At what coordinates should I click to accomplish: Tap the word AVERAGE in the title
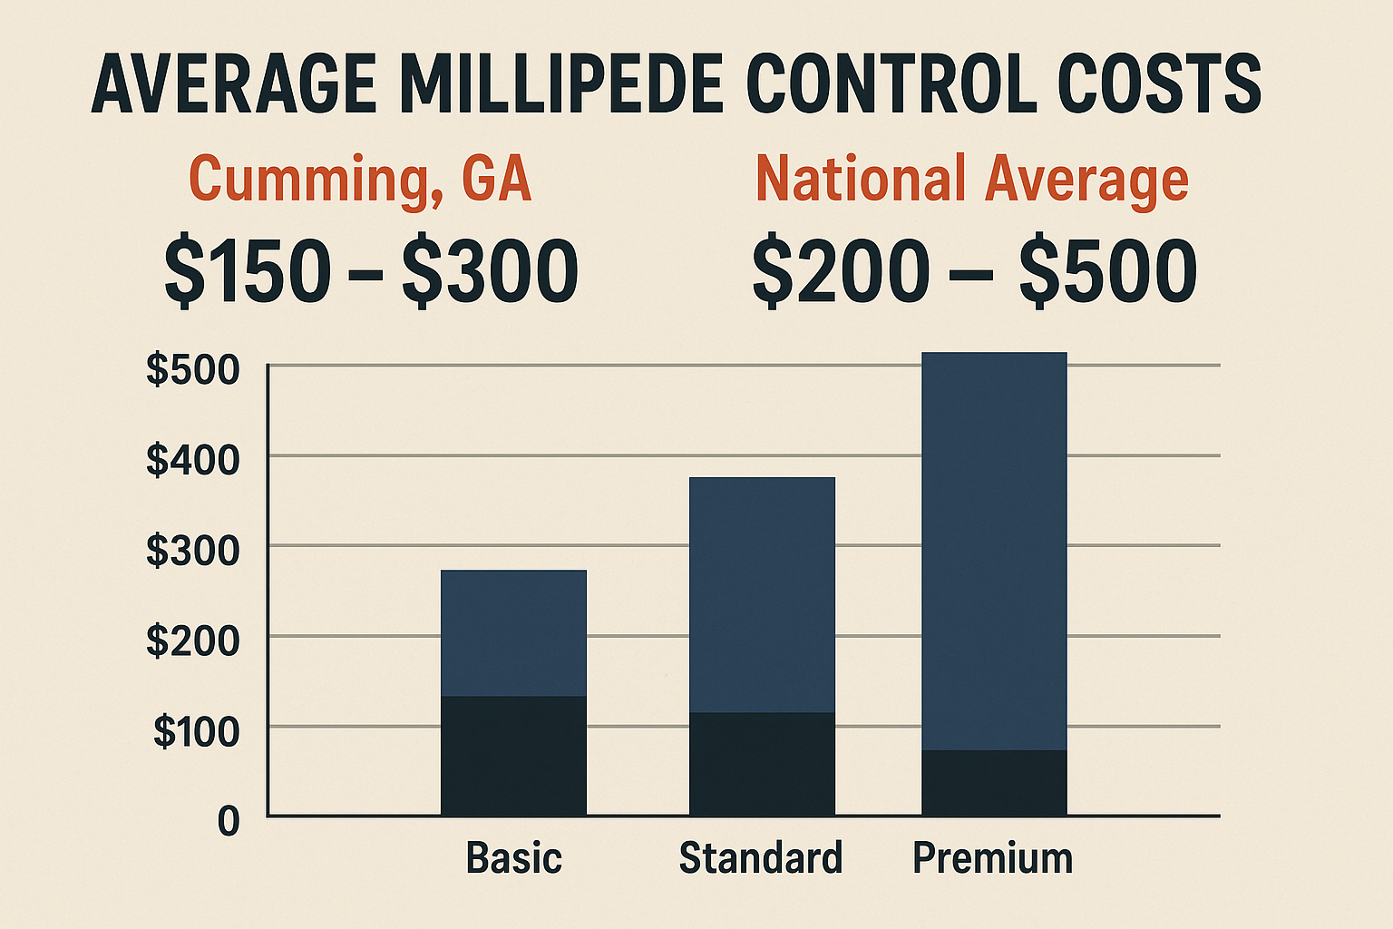pyautogui.click(x=234, y=85)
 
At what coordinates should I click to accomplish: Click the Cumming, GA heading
pyautogui.click(x=360, y=180)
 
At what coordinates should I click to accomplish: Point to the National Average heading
pyautogui.click(x=971, y=179)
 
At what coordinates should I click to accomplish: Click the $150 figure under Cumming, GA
pyautogui.click(x=248, y=271)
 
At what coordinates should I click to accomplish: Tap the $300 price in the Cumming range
pyautogui.click(x=490, y=271)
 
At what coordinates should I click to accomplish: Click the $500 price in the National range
pyautogui.click(x=1107, y=271)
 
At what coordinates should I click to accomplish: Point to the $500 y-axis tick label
pyautogui.click(x=193, y=370)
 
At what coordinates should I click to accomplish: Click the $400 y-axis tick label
pyautogui.click(x=193, y=460)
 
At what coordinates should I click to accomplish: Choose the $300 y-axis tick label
pyautogui.click(x=193, y=551)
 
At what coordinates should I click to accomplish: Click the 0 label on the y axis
pyautogui.click(x=229, y=821)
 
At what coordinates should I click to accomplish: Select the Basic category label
pyautogui.click(x=514, y=857)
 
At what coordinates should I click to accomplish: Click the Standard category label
pyautogui.click(x=761, y=857)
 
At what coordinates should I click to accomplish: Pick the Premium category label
pyautogui.click(x=993, y=857)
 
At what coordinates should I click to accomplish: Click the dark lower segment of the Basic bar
pyautogui.click(x=513, y=756)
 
